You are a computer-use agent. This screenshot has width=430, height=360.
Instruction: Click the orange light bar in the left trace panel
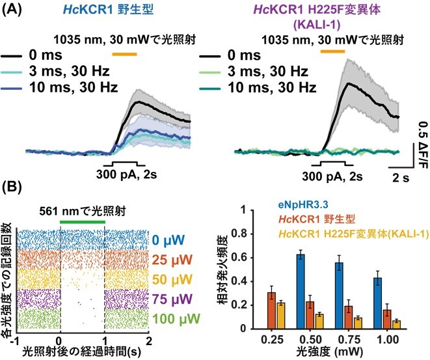pyautogui.click(x=124, y=55)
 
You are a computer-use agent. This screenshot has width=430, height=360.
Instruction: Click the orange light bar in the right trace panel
pyautogui.click(x=332, y=51)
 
